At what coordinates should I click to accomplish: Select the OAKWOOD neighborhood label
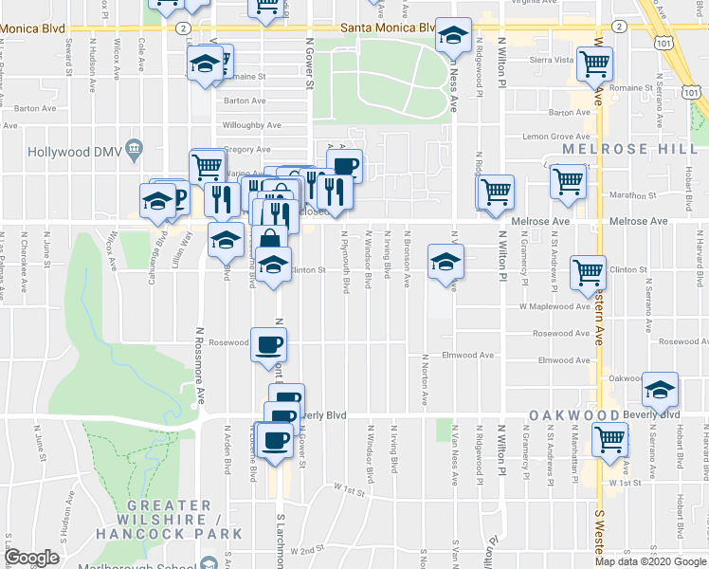[x=567, y=415]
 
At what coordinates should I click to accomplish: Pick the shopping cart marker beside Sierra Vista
[x=594, y=64]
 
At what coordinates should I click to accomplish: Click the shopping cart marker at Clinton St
[x=589, y=272]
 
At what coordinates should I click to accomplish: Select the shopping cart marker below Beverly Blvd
[x=609, y=439]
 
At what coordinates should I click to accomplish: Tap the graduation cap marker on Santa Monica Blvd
[x=454, y=36]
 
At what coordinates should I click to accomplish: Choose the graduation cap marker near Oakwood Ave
[x=660, y=389]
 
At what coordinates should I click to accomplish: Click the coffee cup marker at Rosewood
[x=268, y=343]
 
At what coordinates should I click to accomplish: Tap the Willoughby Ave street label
[x=243, y=124]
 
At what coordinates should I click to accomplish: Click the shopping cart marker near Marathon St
[x=567, y=179]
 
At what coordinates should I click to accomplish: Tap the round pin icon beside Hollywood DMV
[x=134, y=147]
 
